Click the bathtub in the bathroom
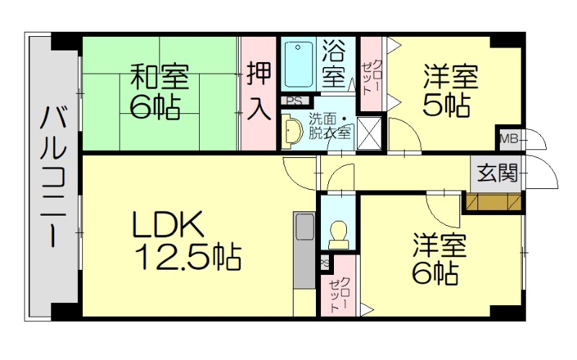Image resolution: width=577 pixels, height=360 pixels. tap(296, 66)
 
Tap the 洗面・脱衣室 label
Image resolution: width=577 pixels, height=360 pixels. tap(330, 126)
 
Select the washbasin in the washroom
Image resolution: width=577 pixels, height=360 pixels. tap(292, 130)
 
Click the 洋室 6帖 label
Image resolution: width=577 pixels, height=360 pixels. tap(440, 258)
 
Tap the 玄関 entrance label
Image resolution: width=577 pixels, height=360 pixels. tap(498, 173)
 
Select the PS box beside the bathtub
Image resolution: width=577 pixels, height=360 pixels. tap(294, 101)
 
